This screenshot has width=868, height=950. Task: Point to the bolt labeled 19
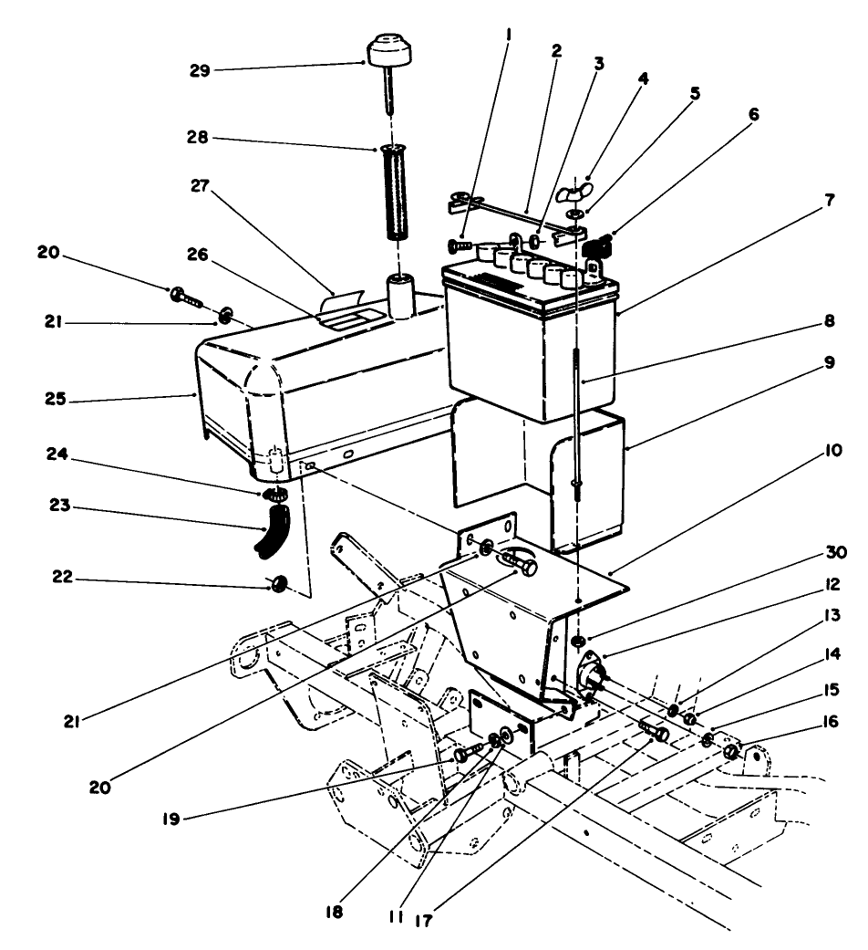pyautogui.click(x=468, y=753)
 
